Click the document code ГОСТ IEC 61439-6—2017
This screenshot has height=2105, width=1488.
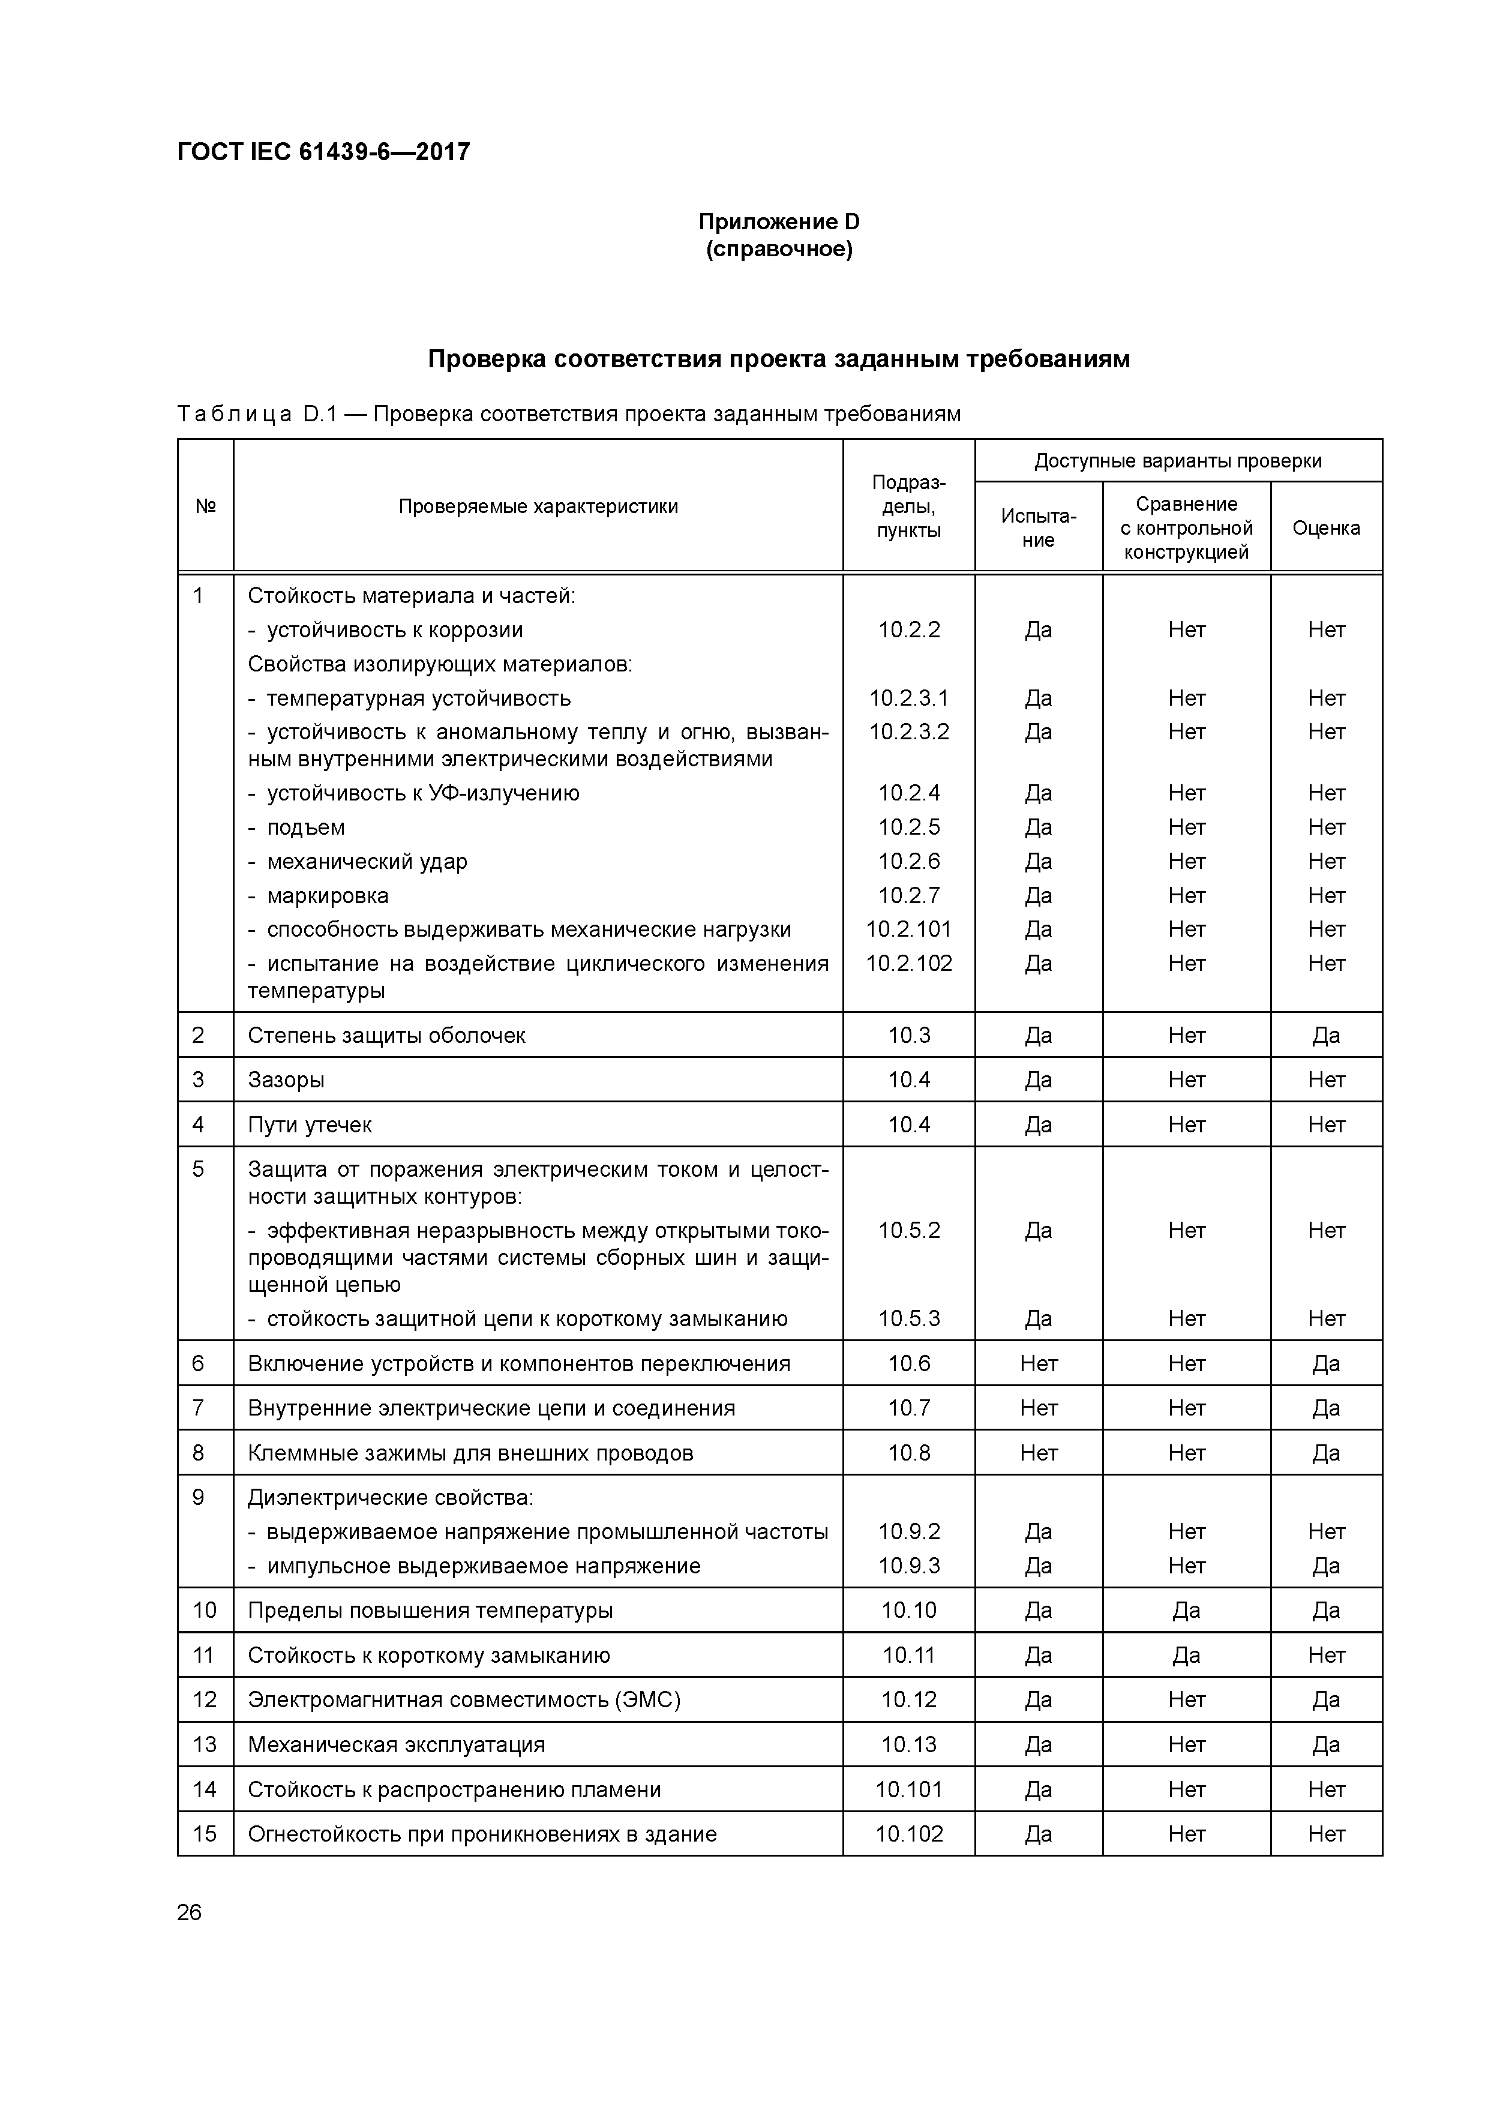coord(323,151)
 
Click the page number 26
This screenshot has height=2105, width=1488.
coord(189,1912)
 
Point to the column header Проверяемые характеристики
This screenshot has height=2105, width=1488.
coord(538,506)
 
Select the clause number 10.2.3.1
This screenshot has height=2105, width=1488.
coord(908,698)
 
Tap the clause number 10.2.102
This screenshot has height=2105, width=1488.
coord(908,964)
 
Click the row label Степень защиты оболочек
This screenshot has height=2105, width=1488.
coord(386,1036)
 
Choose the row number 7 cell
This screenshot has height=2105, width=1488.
coord(198,1408)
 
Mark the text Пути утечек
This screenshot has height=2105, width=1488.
coord(310,1125)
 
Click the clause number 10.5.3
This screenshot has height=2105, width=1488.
coord(908,1320)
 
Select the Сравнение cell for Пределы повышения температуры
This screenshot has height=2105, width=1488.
coord(1186,1611)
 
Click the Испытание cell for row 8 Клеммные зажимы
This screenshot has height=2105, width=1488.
coord(1038,1453)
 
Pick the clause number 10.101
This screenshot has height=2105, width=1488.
coord(908,1789)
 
